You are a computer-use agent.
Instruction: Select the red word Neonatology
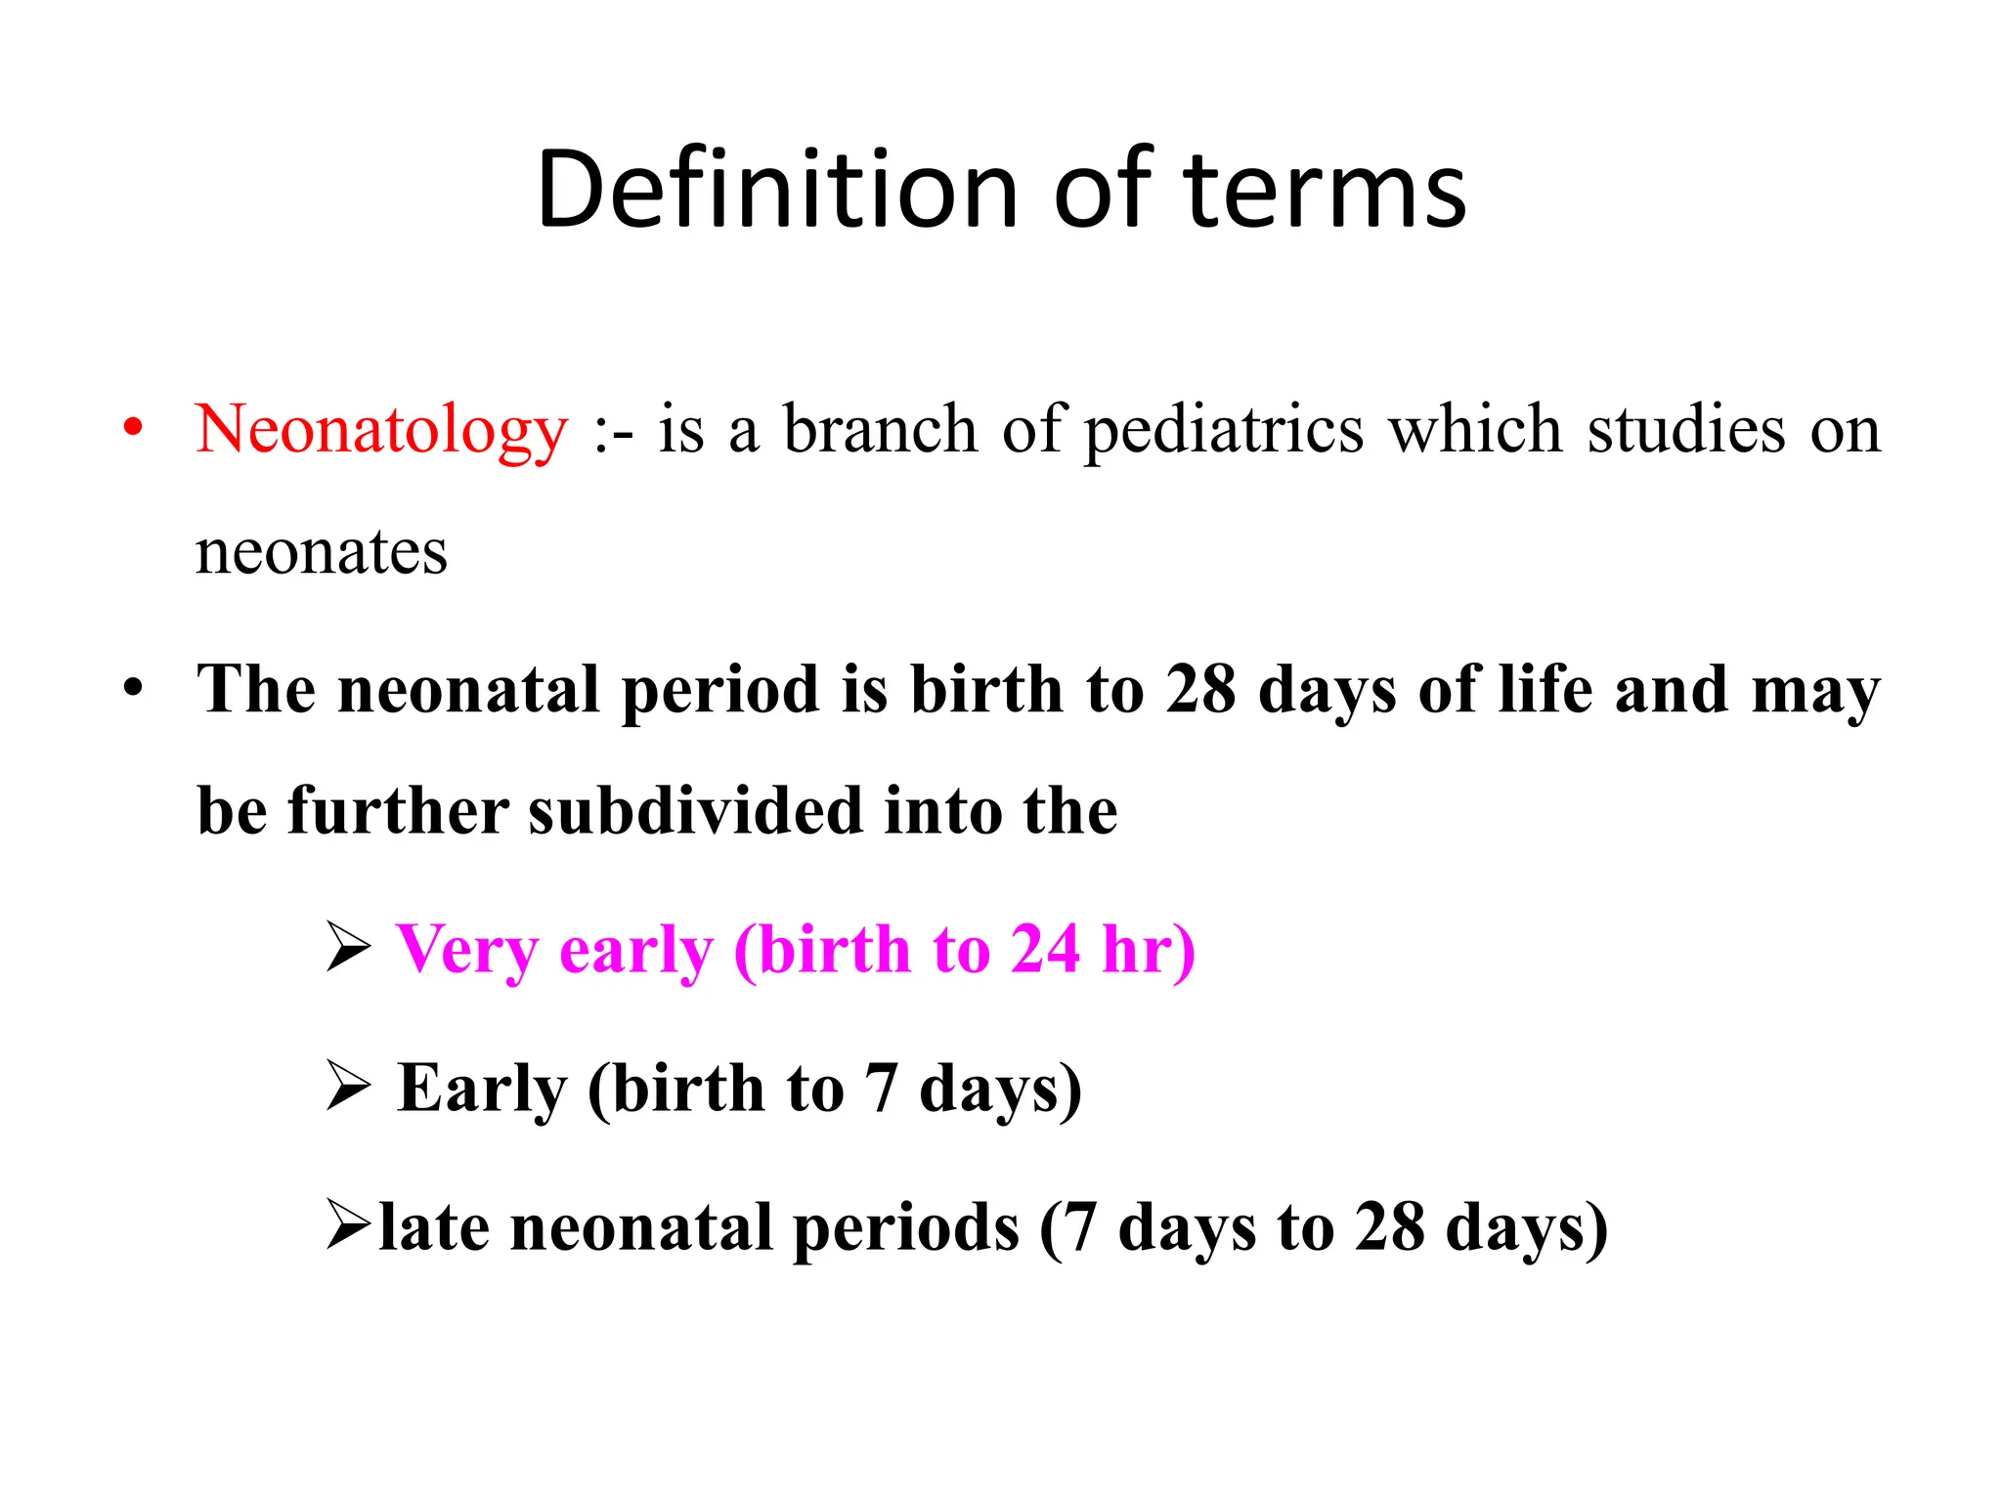(x=381, y=430)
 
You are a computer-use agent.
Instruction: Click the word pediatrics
(x=1224, y=430)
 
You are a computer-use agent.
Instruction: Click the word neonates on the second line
(x=322, y=551)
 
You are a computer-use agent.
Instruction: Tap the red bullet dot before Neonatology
(x=134, y=428)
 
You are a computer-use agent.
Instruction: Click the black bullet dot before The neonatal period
(x=134, y=688)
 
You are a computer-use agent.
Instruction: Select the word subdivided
(x=695, y=811)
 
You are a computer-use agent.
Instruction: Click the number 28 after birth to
(x=1200, y=689)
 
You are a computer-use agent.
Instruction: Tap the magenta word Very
(x=466, y=950)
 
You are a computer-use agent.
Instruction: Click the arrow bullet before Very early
(x=348, y=948)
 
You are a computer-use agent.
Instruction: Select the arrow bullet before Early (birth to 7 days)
(x=348, y=1087)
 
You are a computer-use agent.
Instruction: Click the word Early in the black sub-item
(x=482, y=1089)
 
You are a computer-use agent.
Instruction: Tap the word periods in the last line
(x=905, y=1229)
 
